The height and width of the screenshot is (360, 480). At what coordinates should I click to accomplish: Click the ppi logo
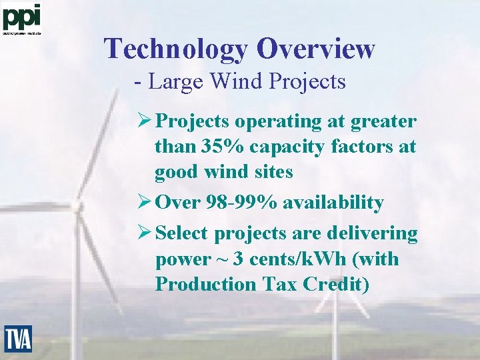[22, 18]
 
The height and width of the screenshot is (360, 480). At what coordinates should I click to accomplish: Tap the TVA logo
[18, 339]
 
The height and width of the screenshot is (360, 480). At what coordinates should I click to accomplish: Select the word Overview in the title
[316, 49]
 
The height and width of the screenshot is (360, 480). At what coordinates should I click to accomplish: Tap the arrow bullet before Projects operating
[143, 122]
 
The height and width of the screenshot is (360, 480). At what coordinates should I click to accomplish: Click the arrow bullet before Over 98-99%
[143, 203]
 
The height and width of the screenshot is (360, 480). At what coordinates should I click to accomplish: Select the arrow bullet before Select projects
[143, 234]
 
